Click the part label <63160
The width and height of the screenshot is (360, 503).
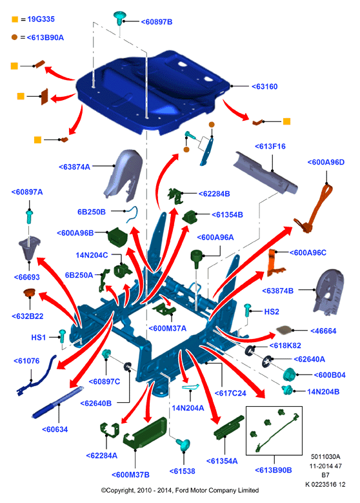click(265, 87)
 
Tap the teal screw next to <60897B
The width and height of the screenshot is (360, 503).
click(119, 18)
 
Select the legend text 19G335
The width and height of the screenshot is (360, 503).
click(41, 19)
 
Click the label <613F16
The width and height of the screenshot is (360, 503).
click(270, 147)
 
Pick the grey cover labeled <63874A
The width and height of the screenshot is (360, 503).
click(123, 175)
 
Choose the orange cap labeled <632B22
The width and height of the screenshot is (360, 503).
click(29, 293)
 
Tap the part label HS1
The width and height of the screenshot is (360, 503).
click(39, 338)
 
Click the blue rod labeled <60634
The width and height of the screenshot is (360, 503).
click(57, 402)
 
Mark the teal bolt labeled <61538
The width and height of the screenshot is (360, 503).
click(184, 445)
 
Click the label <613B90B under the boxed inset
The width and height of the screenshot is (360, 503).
click(274, 470)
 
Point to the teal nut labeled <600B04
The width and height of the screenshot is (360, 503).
click(290, 374)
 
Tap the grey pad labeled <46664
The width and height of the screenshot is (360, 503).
click(285, 330)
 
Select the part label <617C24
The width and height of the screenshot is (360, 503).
click(230, 393)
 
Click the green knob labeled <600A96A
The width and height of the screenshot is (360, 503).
click(196, 258)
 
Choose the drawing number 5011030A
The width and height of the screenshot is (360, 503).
click(325, 457)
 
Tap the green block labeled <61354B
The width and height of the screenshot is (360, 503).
click(190, 216)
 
